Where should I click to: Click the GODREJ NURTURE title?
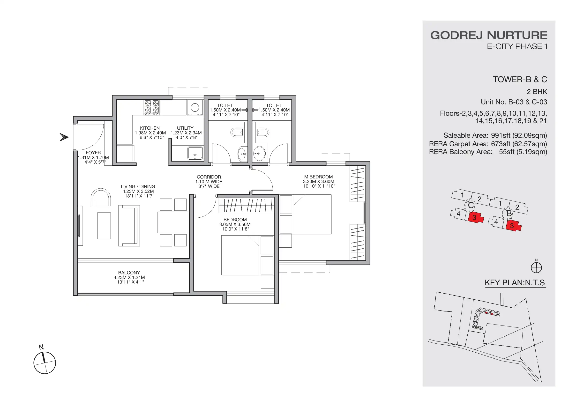pos(489,35)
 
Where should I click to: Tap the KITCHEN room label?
pos(150,128)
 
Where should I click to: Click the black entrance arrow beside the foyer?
pos(64,137)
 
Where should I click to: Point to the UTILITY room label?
pos(185,128)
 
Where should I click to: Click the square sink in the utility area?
pos(195,153)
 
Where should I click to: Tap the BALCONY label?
pos(129,273)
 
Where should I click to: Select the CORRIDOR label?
pos(209,177)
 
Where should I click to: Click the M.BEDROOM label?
pos(318,177)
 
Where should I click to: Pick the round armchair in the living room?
pos(101,198)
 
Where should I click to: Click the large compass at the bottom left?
pos(45,363)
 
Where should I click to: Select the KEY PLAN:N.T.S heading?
pos(515,283)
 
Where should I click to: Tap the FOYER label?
pos(93,153)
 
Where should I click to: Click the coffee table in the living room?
pos(104,226)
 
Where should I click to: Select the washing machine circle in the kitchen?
pos(195,107)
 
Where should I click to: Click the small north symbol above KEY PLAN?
pos(536,267)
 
